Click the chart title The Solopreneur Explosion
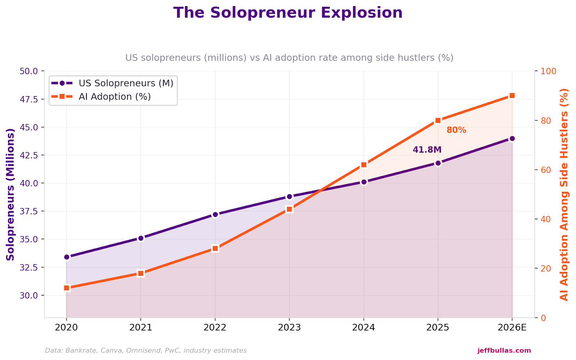click(288, 13)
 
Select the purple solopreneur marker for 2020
click(67, 257)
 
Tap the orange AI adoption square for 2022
click(215, 248)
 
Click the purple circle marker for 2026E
click(512, 139)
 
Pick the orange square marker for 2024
click(364, 165)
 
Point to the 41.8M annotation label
click(427, 150)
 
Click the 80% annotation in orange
click(456, 130)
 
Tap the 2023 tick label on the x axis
click(289, 328)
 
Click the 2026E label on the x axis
click(512, 328)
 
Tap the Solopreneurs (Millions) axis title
click(10, 194)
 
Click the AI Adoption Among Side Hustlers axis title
click(564, 194)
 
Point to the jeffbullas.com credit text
click(504, 350)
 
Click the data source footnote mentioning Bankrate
click(146, 350)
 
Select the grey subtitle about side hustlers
click(289, 58)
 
